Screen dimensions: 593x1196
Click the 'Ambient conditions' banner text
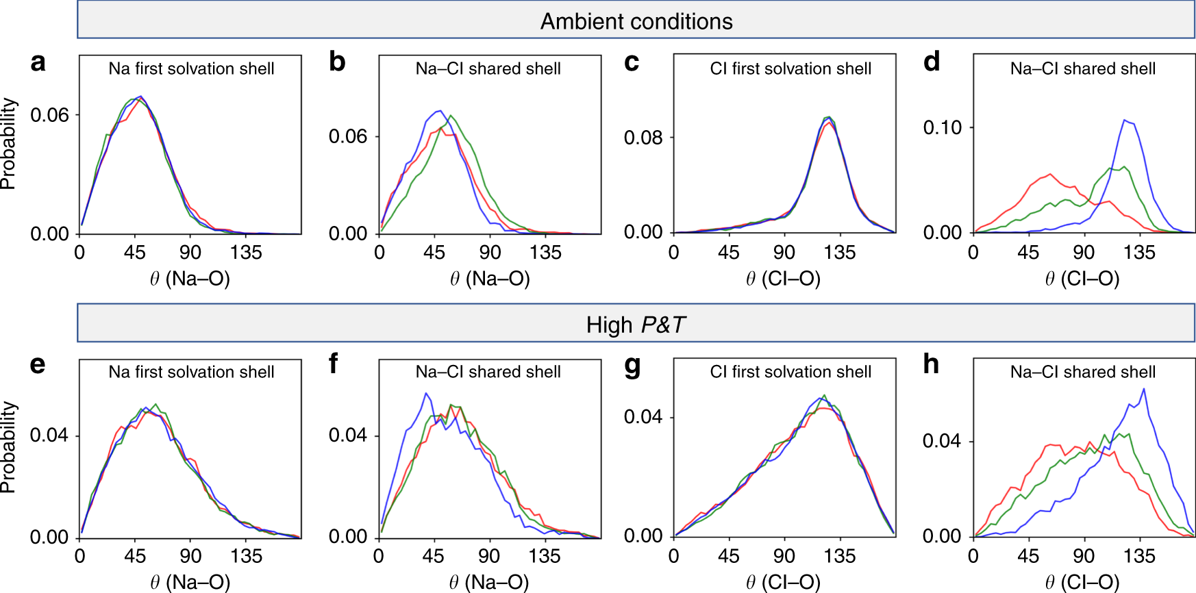coord(636,21)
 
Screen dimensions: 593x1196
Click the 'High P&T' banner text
coord(636,325)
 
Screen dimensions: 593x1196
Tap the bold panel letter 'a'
coord(38,62)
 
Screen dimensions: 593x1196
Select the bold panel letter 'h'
coord(931,364)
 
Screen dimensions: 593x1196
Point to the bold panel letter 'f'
coord(334,364)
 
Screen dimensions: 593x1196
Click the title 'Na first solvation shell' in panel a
coord(191,68)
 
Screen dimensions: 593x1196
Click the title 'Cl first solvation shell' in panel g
coord(790,372)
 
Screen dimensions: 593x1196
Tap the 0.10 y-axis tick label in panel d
coord(942,127)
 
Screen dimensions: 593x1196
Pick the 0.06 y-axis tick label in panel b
coord(347,136)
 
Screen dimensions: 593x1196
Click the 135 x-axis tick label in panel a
coord(246,253)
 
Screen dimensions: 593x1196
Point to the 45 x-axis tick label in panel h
coord(1028,556)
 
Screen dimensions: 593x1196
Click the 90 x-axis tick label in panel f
coord(489,556)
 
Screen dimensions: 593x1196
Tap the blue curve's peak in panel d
coord(1124,120)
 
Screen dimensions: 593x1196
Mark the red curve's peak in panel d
coord(1050,174)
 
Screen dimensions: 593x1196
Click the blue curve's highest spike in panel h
coord(1143,389)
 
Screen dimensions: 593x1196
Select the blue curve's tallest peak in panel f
coord(426,393)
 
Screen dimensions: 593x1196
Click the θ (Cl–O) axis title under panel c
coord(783,279)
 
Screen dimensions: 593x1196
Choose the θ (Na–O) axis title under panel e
coord(190,582)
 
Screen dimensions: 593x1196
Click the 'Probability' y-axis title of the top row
coord(8,144)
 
